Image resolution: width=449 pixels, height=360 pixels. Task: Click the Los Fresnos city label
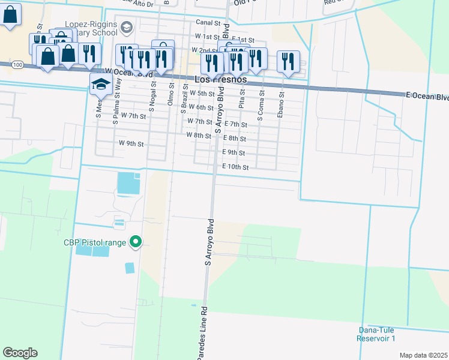[221, 79]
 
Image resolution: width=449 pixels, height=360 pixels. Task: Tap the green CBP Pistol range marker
[136, 242]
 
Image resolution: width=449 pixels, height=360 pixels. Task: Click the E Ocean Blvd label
[427, 97]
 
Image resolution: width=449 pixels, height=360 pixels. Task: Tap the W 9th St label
[131, 144]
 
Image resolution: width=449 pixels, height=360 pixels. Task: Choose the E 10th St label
[235, 167]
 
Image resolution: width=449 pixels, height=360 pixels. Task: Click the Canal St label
[208, 22]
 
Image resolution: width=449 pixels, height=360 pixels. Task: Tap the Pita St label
[242, 100]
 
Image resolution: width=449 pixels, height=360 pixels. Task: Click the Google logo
[20, 352]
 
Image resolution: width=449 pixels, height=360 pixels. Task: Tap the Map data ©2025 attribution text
[423, 355]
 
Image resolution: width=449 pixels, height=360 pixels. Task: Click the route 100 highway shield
[17, 64]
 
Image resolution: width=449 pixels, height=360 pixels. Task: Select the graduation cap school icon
[101, 85]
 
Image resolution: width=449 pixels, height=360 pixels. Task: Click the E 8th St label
[235, 139]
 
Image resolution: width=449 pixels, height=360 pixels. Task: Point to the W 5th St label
[202, 94]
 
